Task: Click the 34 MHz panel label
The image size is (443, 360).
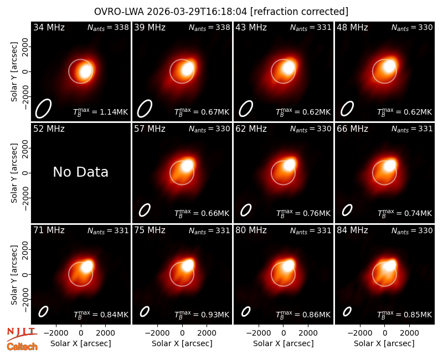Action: point(49,27)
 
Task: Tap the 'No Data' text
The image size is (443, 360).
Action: point(80,172)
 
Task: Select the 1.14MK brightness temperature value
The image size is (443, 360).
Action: point(114,112)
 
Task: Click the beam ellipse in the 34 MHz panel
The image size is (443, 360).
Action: point(43,108)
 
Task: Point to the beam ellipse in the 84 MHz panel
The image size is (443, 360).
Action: point(347,311)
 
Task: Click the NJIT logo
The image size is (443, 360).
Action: point(22,333)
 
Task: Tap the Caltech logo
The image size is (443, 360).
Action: point(22,347)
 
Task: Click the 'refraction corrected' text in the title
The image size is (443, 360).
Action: point(300,12)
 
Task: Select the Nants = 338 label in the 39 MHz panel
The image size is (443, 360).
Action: point(209,27)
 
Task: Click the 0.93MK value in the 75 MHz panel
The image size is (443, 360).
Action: point(215,315)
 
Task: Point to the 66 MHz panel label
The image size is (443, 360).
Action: point(352,129)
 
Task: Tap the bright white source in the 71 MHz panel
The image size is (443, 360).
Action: point(87,266)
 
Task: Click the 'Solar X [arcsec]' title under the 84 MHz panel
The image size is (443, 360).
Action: point(384,343)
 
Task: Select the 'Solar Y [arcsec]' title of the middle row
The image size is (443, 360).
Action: point(14,173)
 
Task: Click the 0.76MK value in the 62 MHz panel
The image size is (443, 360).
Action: point(316,213)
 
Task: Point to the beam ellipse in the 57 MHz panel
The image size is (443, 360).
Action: point(145,210)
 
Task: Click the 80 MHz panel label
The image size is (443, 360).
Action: point(251,230)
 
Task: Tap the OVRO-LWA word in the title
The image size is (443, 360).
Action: point(119,12)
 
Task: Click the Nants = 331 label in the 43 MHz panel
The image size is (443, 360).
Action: point(311,27)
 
